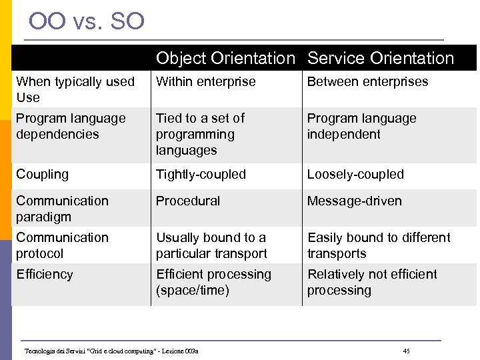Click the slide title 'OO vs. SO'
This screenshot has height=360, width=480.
point(87,21)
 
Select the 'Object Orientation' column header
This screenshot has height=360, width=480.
point(225,59)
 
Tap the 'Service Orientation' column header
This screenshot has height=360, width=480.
point(380,59)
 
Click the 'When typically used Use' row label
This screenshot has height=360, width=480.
point(75,89)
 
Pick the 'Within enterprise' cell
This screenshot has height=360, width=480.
point(205,82)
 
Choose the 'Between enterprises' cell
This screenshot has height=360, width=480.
point(367,82)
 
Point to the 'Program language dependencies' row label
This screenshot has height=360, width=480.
point(71,126)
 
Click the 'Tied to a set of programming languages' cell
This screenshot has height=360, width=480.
point(200,134)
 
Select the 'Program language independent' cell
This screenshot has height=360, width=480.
point(361,126)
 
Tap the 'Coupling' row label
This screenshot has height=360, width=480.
point(42,175)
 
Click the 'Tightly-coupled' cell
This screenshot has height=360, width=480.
point(201,175)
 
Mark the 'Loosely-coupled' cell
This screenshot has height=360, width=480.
point(355,175)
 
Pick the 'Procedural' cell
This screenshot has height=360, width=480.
point(188,201)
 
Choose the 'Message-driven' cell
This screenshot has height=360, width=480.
point(354,201)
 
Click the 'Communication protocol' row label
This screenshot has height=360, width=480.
point(62,245)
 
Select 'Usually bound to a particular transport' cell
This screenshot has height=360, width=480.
point(211,245)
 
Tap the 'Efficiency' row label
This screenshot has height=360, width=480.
point(45,275)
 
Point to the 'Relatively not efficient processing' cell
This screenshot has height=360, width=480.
point(372,282)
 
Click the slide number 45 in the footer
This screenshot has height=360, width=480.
point(407,351)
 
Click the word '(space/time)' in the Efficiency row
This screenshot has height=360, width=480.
point(193,291)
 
